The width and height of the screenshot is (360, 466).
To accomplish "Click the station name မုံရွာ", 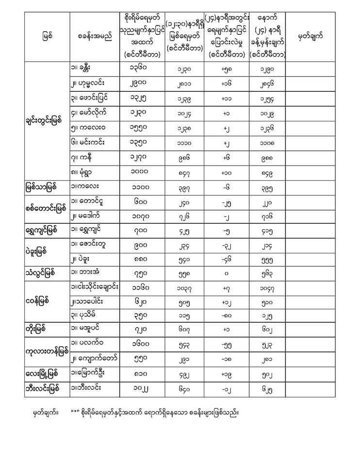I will point(85,173).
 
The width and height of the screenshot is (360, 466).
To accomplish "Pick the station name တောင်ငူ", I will point(89,204).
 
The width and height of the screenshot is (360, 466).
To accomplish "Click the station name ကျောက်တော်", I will point(93,358).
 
